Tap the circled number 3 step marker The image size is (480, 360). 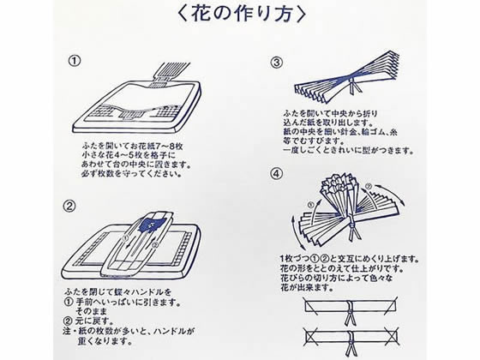coord(277,63)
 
